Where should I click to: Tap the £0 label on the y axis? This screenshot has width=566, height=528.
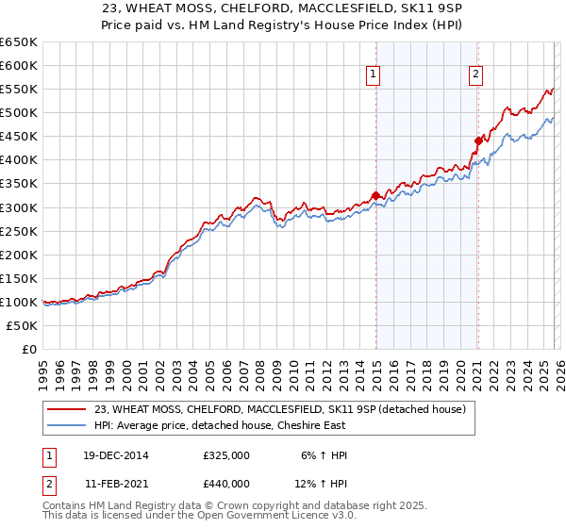click(28, 350)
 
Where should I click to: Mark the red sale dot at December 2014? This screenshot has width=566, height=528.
click(375, 195)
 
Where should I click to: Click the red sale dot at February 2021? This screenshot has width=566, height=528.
click(478, 140)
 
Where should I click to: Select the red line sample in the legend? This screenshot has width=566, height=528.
click(68, 410)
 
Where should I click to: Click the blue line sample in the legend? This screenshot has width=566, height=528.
click(68, 426)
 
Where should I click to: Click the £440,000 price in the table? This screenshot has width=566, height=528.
click(225, 483)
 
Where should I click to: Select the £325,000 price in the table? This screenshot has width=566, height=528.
click(225, 455)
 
